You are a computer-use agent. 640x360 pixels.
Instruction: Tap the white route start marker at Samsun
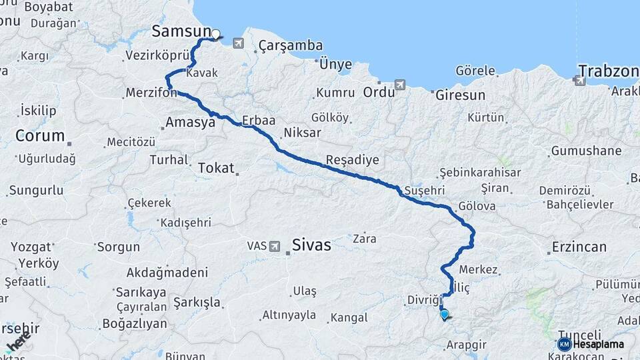pos(215,33)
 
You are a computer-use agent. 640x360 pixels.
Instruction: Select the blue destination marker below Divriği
pos(444,314)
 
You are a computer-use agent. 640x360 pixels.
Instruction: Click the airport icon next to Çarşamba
pos(239,43)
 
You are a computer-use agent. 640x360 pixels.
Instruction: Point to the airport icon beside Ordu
pos(399,85)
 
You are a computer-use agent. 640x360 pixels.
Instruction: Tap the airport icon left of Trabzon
pos(579,81)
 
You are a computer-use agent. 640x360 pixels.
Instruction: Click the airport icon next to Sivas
pos(274,246)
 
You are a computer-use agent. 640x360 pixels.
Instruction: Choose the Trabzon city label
pos(609,71)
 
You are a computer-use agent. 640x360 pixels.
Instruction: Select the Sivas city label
pos(311,245)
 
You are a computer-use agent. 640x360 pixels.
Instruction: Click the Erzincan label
pos(579,247)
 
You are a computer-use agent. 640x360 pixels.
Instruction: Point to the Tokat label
pos(216,168)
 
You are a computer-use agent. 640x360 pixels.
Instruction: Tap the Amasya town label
pos(190,123)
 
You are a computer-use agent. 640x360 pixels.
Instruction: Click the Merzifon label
pos(151,93)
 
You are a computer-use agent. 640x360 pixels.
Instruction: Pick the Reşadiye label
pos(353,160)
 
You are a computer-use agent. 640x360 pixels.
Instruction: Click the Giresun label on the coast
pos(460,95)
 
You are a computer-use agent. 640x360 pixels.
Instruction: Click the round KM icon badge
pos(564,345)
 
